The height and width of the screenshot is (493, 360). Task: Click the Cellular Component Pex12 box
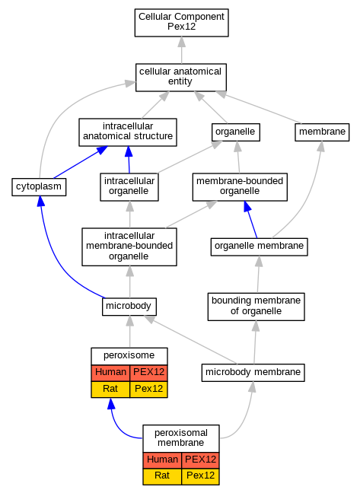click(x=181, y=23)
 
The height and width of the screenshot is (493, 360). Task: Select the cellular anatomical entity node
click(x=181, y=78)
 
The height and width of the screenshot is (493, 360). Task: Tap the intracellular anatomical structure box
click(x=128, y=132)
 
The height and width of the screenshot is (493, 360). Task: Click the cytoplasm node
click(x=39, y=186)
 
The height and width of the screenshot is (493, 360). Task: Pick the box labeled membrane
click(x=322, y=132)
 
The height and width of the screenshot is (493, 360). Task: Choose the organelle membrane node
click(x=259, y=247)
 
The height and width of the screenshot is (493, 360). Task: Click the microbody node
click(x=129, y=307)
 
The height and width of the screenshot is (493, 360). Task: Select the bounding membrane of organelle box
click(x=256, y=307)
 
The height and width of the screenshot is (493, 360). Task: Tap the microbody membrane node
click(x=253, y=373)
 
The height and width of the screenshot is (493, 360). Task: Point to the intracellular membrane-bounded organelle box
click(x=129, y=247)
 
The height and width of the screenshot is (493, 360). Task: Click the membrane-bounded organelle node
click(x=240, y=186)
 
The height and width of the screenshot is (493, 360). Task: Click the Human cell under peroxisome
click(x=110, y=373)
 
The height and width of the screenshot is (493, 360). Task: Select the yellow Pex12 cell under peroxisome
click(x=148, y=390)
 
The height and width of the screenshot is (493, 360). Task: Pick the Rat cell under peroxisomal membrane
click(x=162, y=476)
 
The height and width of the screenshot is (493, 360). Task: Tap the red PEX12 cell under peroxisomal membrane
click(x=200, y=460)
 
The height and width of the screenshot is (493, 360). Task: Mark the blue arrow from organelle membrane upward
click(x=250, y=219)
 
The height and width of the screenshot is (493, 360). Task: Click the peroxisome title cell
click(x=129, y=356)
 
